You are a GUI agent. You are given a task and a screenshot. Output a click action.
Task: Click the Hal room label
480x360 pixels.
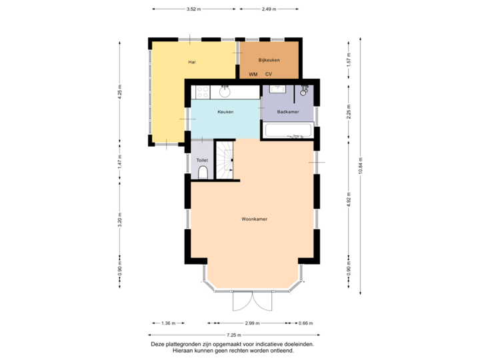coord(191,62)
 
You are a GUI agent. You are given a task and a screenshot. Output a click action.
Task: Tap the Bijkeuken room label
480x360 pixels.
coord(269,60)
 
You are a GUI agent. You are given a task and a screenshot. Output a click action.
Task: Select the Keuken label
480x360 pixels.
coord(225,112)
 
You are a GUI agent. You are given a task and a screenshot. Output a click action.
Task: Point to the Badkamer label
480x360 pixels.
coord(287,112)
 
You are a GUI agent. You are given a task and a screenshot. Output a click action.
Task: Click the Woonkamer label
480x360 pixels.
coord(255,219)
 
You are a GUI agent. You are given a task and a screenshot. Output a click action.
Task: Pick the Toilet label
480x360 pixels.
coord(202,161)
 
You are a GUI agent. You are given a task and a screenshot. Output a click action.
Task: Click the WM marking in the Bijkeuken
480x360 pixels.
coord(253,74)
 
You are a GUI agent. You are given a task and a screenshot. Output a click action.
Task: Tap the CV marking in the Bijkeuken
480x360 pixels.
coord(269,74)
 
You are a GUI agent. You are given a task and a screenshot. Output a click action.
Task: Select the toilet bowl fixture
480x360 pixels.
coord(203,173)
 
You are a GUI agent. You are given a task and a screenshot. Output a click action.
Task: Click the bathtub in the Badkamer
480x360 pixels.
coord(289,130)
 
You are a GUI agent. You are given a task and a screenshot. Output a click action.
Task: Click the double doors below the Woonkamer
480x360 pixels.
coord(252,302)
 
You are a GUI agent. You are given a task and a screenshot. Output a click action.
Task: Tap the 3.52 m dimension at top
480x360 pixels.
coord(193,9)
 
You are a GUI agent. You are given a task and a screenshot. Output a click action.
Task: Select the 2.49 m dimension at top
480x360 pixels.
coord(269,9)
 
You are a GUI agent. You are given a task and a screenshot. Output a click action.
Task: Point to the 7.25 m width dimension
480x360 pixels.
coord(233,335)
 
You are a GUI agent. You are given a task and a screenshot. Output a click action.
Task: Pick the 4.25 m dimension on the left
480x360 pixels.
coord(120,92)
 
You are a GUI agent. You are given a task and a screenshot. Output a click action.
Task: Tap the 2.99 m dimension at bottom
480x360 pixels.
coord(251,323)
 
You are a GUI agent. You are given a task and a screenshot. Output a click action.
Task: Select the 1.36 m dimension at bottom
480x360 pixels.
coord(169,323)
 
